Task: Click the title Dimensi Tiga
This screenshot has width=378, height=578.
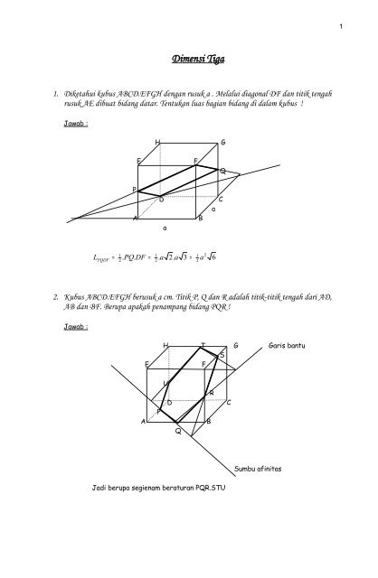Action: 194,61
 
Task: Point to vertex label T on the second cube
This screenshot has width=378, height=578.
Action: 203,346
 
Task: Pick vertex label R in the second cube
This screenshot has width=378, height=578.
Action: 211,392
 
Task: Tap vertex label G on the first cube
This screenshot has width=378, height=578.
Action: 222,144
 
